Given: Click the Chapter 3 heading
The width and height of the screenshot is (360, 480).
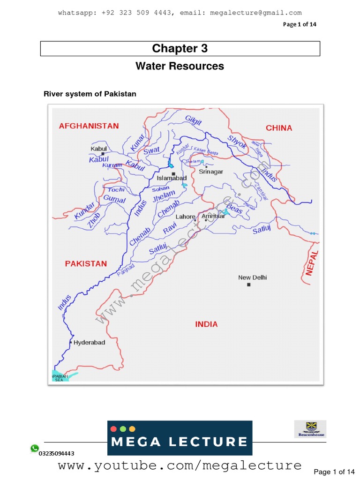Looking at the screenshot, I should (180, 49).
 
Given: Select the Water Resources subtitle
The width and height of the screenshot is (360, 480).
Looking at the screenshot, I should (180, 66).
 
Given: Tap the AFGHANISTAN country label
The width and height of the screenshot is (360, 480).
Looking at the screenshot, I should (89, 126).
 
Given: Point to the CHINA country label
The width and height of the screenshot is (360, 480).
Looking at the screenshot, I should (279, 128).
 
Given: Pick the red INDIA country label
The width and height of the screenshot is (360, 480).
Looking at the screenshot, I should (206, 324).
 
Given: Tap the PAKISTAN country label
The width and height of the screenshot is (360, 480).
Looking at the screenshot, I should (86, 263).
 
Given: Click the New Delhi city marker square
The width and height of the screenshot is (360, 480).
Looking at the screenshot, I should (249, 285).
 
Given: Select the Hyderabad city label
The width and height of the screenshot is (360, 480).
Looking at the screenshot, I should (90, 343).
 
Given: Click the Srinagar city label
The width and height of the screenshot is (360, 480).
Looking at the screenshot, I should (211, 172).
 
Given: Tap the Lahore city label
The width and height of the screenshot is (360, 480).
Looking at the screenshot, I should (185, 217).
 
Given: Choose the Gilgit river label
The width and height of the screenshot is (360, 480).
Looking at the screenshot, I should (193, 120).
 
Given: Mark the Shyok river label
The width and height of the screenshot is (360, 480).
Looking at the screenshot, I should (237, 142).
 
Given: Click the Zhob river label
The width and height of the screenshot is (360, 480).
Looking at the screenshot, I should (94, 220).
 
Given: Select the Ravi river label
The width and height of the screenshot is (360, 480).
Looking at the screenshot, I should (169, 229).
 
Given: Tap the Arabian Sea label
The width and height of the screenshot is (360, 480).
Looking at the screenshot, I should (60, 378).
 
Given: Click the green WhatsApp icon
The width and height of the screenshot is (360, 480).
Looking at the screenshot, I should (35, 449).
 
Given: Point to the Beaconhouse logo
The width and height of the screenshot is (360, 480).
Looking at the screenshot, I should (310, 428).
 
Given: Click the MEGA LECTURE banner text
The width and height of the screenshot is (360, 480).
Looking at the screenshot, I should (180, 442).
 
